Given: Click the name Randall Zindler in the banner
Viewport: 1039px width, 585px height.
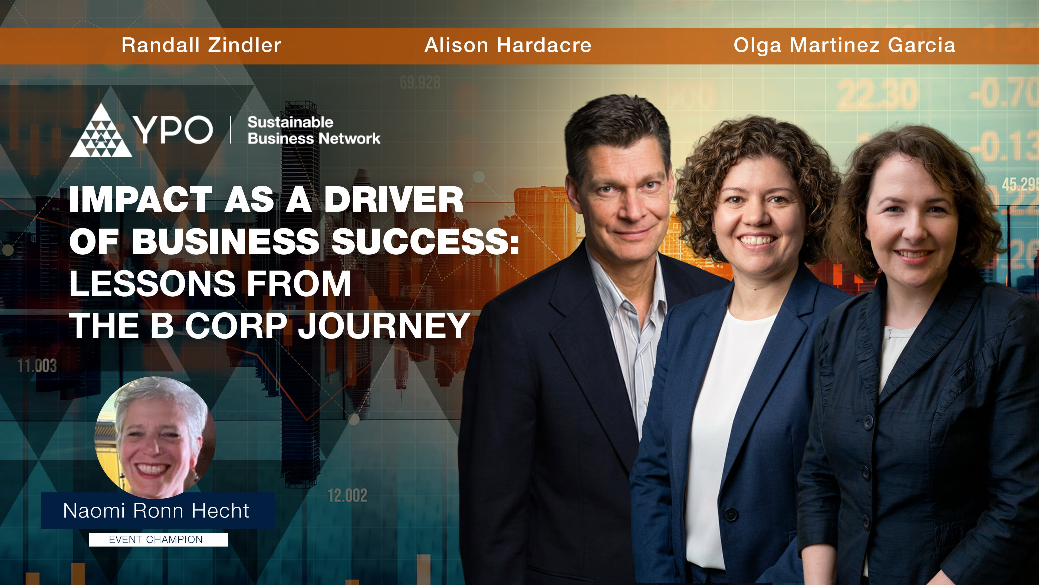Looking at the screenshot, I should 201,45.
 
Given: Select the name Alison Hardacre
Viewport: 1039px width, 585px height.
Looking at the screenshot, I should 508,45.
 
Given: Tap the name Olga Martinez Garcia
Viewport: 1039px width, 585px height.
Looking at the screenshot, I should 844,45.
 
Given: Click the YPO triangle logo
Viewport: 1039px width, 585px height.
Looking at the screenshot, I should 101,131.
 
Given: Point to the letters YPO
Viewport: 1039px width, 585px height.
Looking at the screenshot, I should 173,130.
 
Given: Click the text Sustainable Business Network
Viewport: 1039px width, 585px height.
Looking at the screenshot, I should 313,130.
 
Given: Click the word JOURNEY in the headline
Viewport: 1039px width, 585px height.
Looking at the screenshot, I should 384,326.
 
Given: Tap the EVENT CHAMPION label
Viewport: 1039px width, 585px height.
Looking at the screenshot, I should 156,540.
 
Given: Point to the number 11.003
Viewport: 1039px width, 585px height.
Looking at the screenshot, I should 37,366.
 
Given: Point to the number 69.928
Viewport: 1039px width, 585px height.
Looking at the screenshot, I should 420,83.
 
